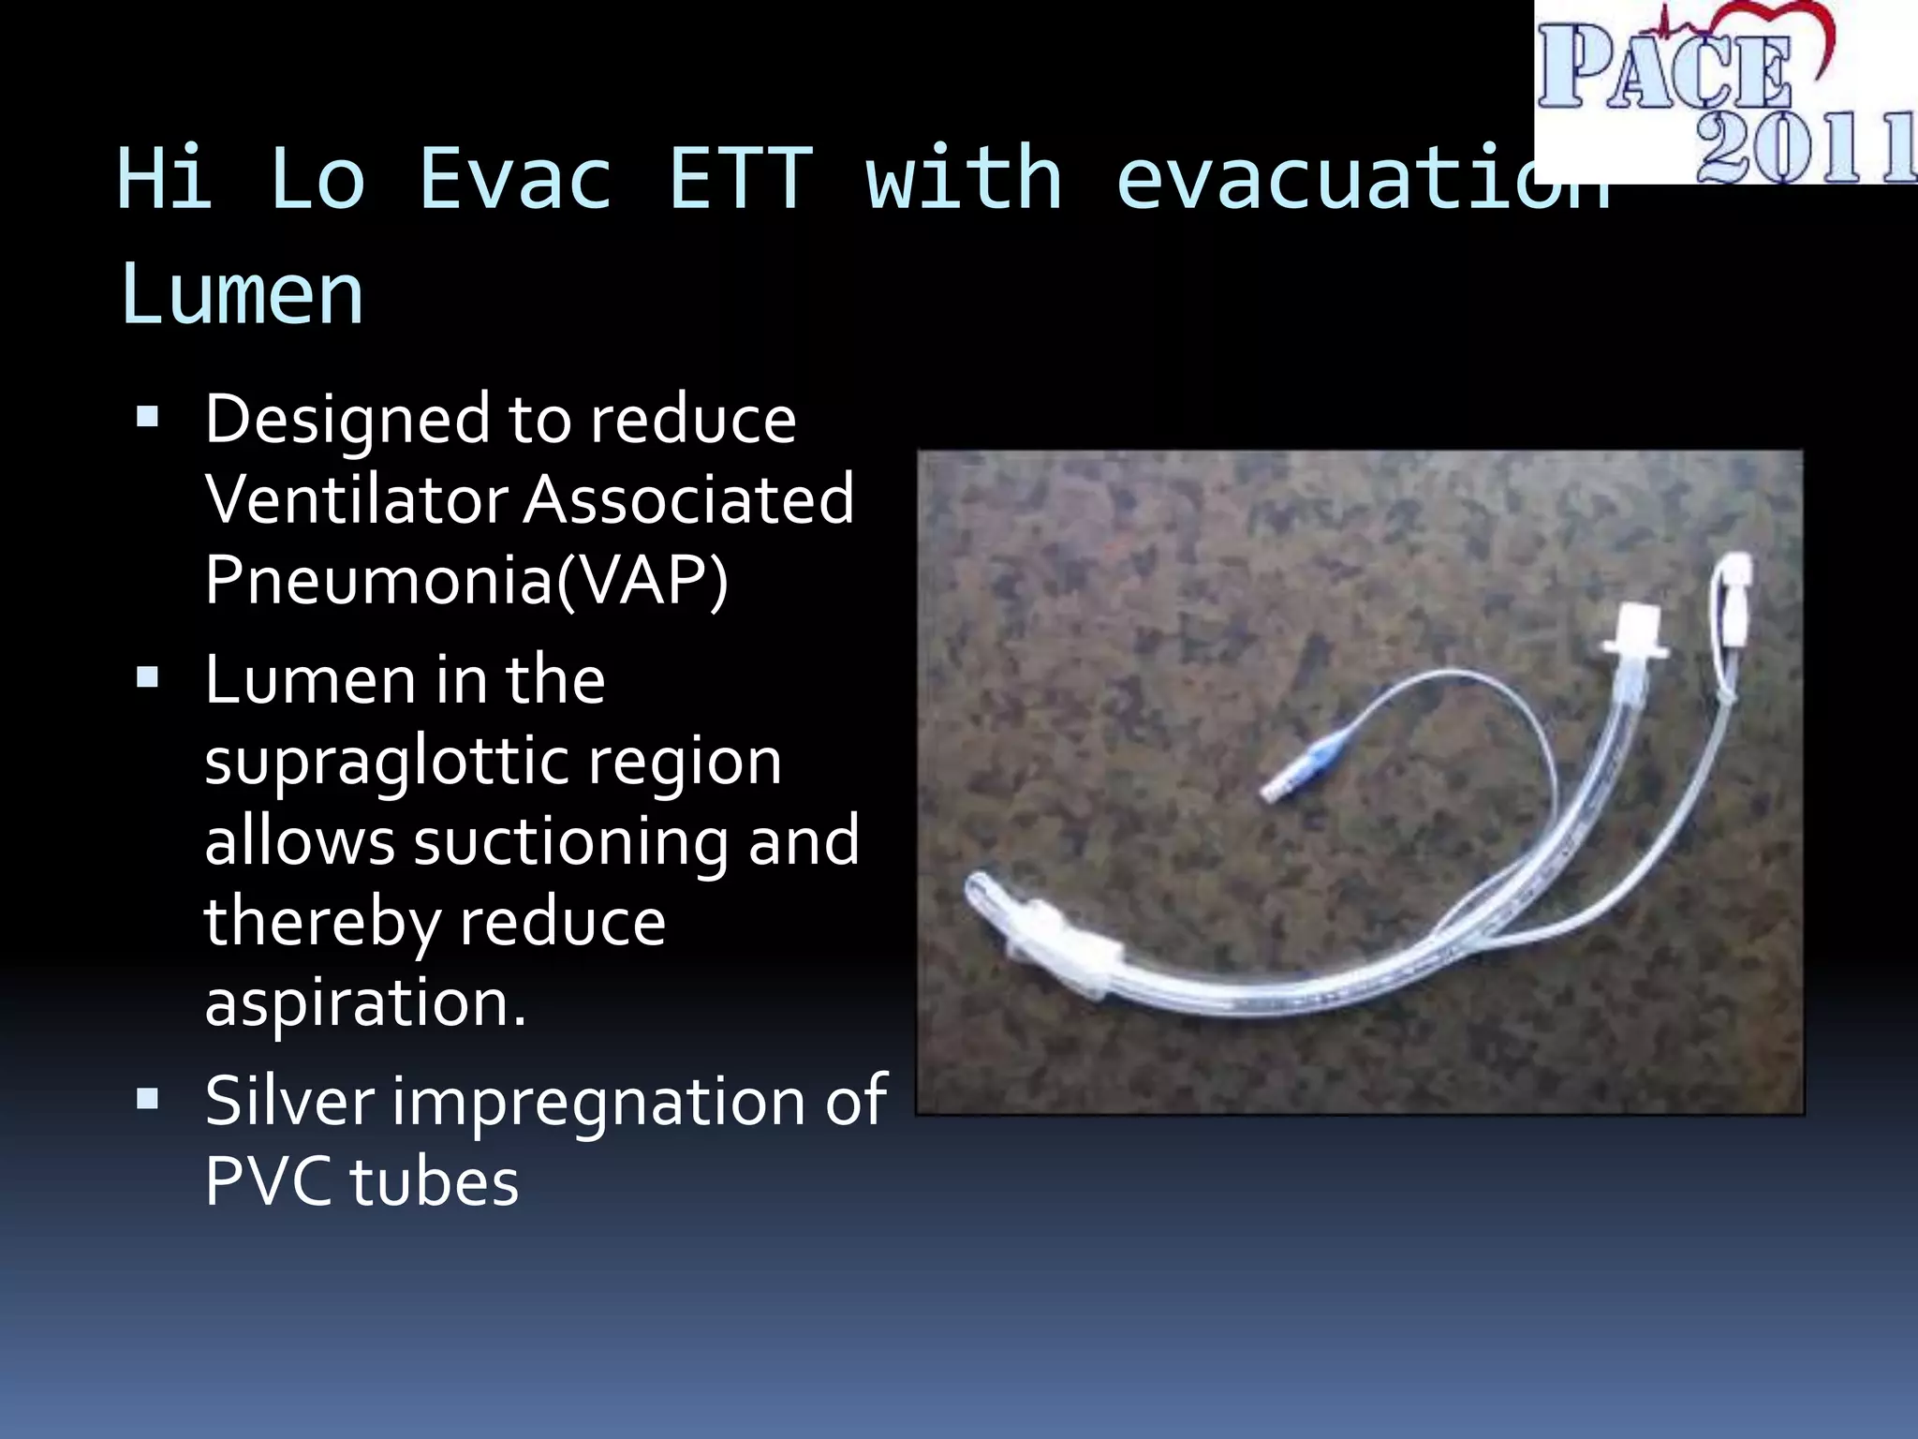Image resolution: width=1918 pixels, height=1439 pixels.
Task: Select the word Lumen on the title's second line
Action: pyautogui.click(x=242, y=294)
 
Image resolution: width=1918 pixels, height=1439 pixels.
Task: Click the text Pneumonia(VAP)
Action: pyautogui.click(x=465, y=581)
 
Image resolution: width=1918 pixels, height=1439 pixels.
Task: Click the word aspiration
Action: pyautogui.click(x=364, y=1002)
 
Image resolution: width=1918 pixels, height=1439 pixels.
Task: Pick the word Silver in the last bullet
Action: pyautogui.click(x=288, y=1101)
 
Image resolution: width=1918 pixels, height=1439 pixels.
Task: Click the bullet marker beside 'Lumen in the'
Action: pyautogui.click(x=148, y=677)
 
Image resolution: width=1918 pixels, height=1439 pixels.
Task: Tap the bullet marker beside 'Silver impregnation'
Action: pyautogui.click(x=148, y=1098)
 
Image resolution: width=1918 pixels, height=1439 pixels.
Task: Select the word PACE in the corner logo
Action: pyautogui.click(x=1662, y=67)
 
